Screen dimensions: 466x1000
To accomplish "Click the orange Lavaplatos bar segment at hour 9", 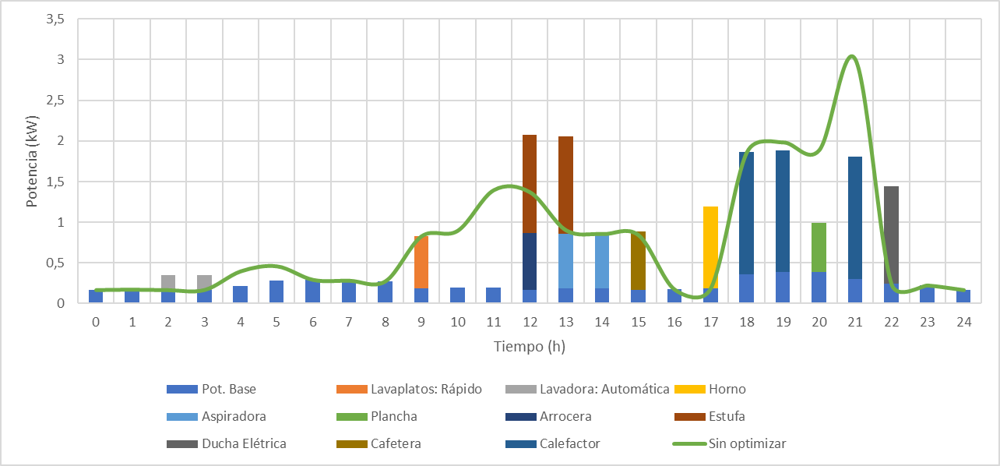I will pyautogui.click(x=421, y=262).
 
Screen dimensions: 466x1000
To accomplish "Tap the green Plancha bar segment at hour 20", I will pyautogui.click(x=819, y=247).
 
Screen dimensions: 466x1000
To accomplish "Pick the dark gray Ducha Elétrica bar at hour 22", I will pyautogui.click(x=891, y=234).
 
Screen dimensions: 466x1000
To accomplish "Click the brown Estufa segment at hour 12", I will pyautogui.click(x=530, y=183).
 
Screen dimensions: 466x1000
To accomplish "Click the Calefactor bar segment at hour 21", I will pyautogui.click(x=855, y=217).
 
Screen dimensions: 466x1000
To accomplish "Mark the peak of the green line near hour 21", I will pyautogui.click(x=852, y=56).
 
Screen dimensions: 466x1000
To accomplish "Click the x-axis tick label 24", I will pyautogui.click(x=963, y=321).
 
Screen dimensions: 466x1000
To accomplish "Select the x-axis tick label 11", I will pyautogui.click(x=494, y=321).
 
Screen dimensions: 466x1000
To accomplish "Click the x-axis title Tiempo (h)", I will pyautogui.click(x=530, y=347).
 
